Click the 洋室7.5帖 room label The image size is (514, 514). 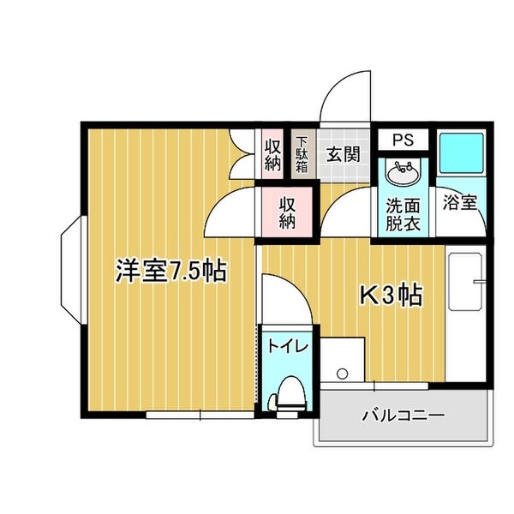pos(171,272)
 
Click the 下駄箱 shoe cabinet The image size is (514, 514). pos(302,155)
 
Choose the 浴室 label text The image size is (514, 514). pos(460,203)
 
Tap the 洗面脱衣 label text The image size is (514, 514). pos(402,214)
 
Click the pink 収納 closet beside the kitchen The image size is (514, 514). pos(287,212)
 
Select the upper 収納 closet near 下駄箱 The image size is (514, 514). pos(272,155)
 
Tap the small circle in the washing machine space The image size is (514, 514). pos(343,374)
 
